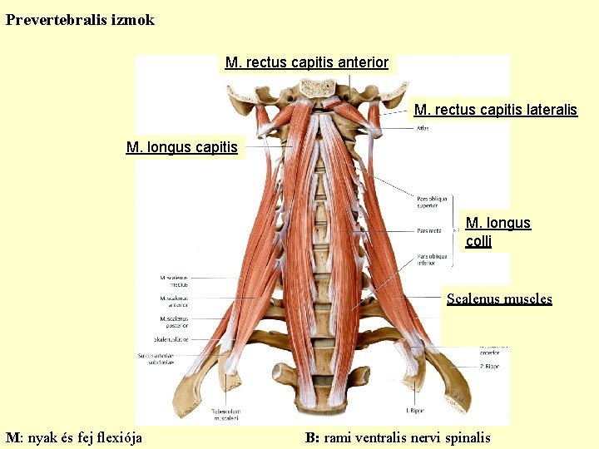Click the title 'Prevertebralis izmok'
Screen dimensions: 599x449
80,20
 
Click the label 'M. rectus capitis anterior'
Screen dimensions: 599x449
307,63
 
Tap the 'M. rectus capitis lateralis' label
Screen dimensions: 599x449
495,110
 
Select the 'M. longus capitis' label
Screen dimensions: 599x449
181,148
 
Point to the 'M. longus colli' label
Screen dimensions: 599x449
498,232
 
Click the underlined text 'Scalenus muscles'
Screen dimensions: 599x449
499,299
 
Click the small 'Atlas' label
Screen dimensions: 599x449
423,128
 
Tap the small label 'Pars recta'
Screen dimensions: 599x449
430,230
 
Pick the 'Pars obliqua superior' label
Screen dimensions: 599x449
432,202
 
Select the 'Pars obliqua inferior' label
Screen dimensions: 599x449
432,259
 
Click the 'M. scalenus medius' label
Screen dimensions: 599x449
174,280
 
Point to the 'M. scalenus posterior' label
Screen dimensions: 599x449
174,322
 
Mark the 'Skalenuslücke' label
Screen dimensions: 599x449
171,339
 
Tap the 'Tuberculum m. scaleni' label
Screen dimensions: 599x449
226,413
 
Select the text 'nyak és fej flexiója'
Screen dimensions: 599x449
85,437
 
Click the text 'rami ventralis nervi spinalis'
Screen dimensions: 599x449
407,437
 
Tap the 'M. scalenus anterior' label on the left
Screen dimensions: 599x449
174,301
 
